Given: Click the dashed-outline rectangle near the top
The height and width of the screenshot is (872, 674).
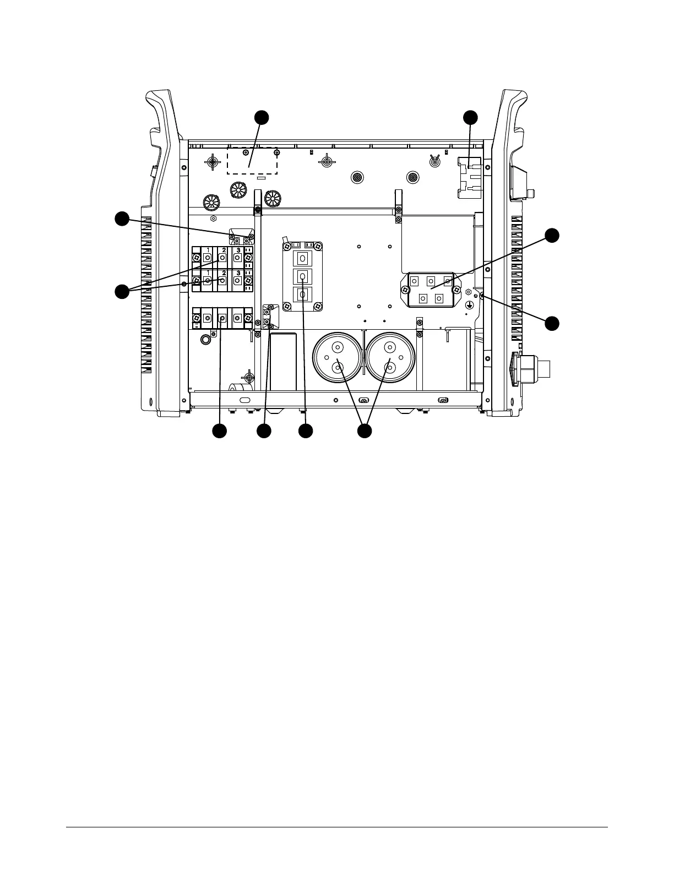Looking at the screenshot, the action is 252,161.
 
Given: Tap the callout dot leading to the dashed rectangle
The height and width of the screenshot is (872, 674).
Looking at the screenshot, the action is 262,117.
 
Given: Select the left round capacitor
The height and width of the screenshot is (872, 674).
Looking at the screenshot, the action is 337,358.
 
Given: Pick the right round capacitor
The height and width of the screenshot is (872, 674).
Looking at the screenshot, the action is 390,358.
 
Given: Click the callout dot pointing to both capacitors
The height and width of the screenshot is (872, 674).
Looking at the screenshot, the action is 364,431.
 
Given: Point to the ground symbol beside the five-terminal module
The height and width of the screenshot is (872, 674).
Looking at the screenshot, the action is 469,304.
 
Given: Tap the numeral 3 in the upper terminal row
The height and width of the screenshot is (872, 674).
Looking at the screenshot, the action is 237,250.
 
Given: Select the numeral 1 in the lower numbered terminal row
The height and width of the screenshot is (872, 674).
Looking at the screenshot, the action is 208,273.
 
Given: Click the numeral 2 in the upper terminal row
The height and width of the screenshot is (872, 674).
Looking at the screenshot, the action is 223,250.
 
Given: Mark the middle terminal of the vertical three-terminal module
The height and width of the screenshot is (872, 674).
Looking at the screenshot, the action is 302,276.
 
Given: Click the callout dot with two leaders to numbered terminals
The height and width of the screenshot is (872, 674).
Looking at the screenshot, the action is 122,291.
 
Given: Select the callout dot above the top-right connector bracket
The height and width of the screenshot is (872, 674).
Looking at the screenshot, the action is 470,117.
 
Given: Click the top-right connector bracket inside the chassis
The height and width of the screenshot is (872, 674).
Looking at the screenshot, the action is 470,177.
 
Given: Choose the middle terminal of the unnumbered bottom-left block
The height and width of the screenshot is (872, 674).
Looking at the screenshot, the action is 222,319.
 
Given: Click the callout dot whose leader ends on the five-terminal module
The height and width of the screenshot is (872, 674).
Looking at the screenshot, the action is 552,236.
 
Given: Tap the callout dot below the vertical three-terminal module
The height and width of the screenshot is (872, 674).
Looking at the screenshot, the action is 306,431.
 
